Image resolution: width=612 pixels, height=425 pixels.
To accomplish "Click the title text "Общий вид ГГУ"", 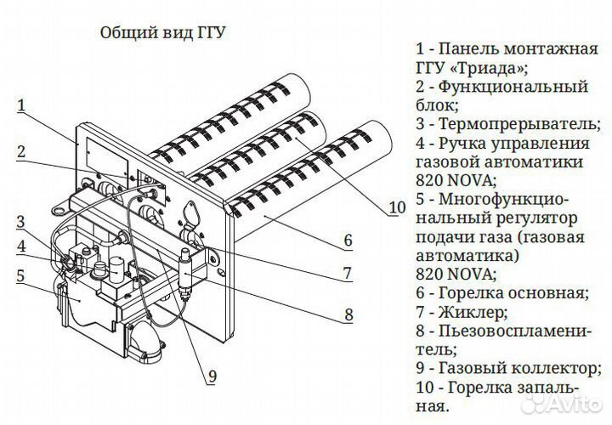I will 164,34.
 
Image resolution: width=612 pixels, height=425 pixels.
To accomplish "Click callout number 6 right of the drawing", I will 348,241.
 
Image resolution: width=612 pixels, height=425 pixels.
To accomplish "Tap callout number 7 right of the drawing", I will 348,274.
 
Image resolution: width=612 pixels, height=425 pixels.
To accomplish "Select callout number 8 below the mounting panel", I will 348,314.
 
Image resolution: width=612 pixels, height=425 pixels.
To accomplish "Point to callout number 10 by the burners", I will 397,207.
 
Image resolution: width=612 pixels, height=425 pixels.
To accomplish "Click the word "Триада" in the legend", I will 491,67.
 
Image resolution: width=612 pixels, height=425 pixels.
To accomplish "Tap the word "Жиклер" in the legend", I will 478,313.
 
